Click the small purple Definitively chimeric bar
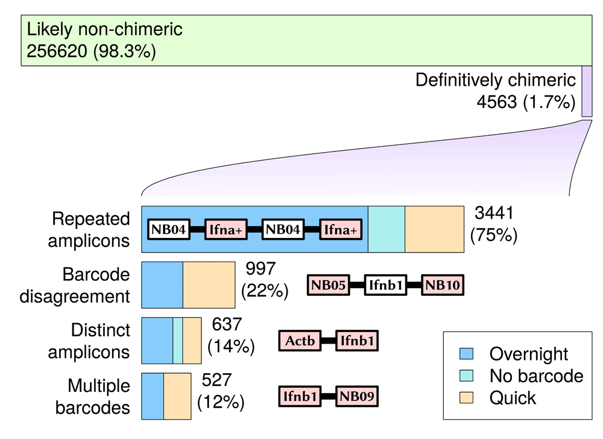click(x=587, y=91)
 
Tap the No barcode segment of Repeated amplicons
click(x=387, y=229)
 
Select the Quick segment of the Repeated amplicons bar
click(x=435, y=229)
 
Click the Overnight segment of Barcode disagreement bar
click(x=162, y=285)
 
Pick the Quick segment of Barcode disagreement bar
click(x=209, y=285)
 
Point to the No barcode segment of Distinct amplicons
click(x=178, y=341)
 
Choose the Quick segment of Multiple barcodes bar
click(x=177, y=396)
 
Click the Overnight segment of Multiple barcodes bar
click(x=153, y=396)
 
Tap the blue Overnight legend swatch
click(x=467, y=353)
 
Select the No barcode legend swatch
click(x=467, y=376)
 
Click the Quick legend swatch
click(x=467, y=397)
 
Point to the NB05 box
click(x=329, y=285)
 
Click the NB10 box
click(x=443, y=285)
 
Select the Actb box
click(x=300, y=341)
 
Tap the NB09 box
click(x=357, y=396)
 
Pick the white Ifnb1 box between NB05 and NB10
click(x=385, y=285)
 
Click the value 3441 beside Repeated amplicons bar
click(x=494, y=213)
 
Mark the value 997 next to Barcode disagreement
click(x=260, y=268)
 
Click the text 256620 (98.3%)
click(x=91, y=51)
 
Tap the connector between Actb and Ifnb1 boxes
click(x=329, y=341)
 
